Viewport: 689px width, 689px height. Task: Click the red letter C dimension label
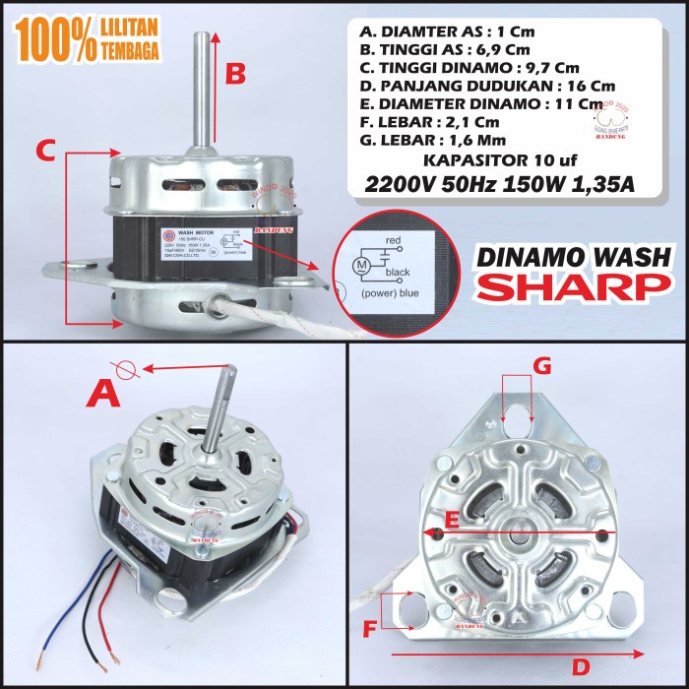point(44,151)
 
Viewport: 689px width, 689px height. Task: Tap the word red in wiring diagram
point(396,239)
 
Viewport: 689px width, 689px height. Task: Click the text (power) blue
point(401,294)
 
